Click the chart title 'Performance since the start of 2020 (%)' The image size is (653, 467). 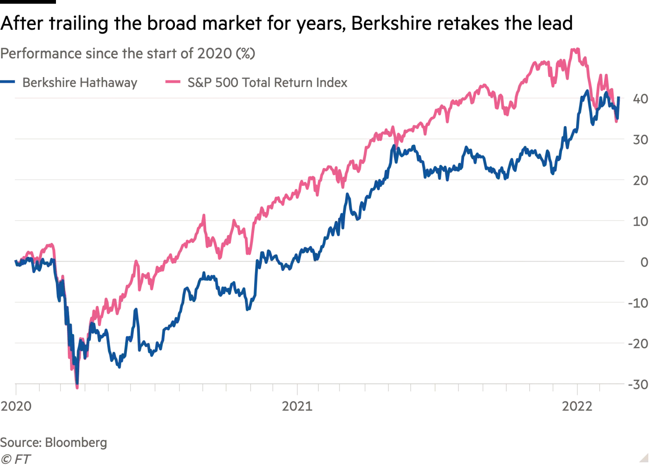[127, 54]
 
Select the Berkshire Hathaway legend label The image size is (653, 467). [80, 83]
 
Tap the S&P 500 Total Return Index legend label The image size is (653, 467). [267, 83]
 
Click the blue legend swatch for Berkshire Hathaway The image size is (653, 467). [8, 83]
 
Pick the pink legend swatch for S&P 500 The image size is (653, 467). [173, 83]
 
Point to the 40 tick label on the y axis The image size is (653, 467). [640, 99]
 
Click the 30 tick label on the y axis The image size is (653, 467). [640, 140]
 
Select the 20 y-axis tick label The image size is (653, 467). [640, 180]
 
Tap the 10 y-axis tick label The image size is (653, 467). [640, 221]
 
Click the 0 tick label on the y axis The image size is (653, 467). [644, 262]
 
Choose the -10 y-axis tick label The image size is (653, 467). [638, 303]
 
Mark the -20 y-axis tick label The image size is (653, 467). [638, 344]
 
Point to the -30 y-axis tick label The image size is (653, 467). [638, 384]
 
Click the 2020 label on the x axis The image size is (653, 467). [16, 406]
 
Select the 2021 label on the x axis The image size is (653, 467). [297, 406]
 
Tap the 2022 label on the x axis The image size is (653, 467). [577, 406]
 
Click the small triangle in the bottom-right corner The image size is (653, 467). [644, 457]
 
